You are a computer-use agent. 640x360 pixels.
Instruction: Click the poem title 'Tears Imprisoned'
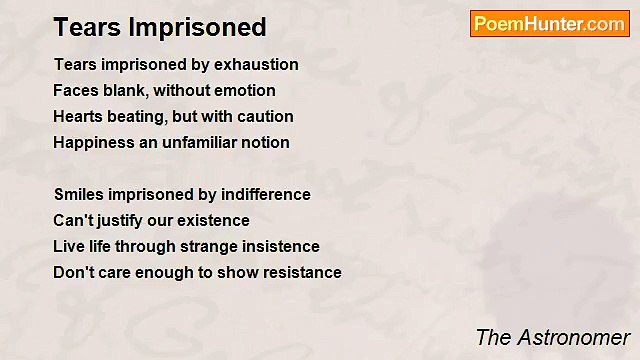coord(160,26)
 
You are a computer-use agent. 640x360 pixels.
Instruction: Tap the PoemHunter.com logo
coord(549,24)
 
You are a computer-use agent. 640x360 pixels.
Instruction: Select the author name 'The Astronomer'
coord(552,337)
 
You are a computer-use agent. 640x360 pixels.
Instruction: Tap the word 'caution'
coord(263,117)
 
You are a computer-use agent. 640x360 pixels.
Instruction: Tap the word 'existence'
coord(215,221)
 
